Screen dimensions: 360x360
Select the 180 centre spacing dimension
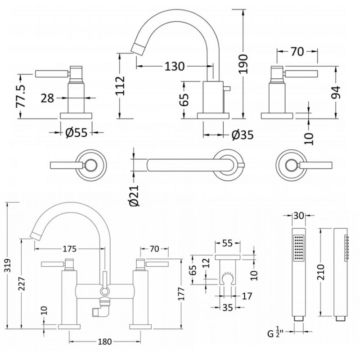[x=104, y=342]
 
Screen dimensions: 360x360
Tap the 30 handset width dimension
[x=299, y=216]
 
